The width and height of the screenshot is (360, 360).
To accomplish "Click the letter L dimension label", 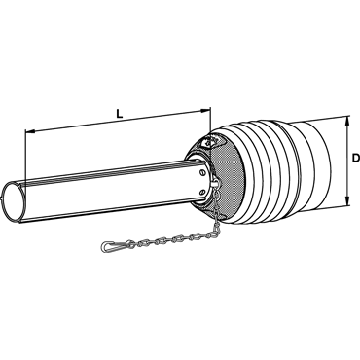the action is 120,114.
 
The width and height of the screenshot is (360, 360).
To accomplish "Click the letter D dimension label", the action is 356,158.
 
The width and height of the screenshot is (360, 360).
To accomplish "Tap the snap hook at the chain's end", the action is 112,245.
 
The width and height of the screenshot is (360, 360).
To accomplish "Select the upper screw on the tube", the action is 201,173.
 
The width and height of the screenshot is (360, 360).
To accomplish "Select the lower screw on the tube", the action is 202,192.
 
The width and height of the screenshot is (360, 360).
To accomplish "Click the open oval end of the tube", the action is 13,202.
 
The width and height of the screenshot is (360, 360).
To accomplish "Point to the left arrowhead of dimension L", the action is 30,131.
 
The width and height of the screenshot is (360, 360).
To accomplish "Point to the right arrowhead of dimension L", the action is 205,111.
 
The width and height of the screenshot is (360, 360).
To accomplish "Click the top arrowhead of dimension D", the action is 347,121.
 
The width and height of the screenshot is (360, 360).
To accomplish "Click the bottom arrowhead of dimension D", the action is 347,200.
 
